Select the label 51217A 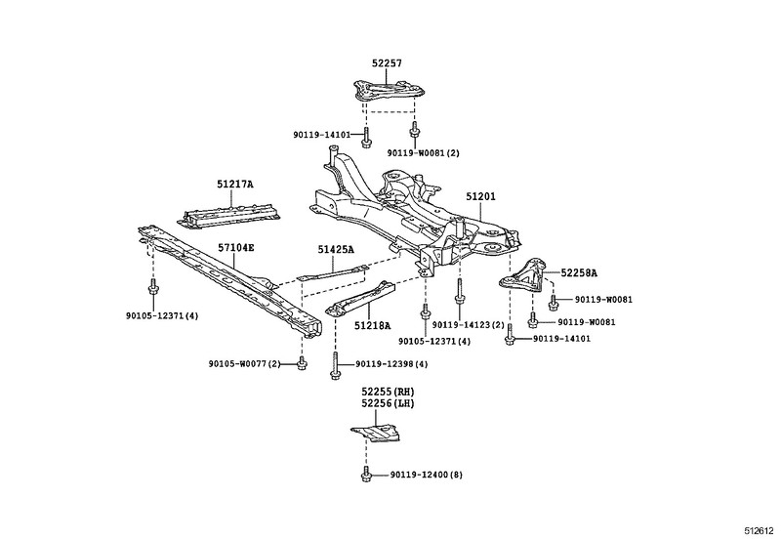pyautogui.click(x=234, y=184)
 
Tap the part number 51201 pyautogui.click(x=480, y=196)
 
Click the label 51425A pyautogui.click(x=333, y=250)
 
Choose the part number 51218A pyautogui.click(x=372, y=326)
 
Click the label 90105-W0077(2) pyautogui.click(x=244, y=364)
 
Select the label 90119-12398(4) pyautogui.click(x=391, y=364)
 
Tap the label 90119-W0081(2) pyautogui.click(x=424, y=152)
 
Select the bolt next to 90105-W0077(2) pyautogui.click(x=301, y=364)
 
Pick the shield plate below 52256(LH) pyautogui.click(x=384, y=431)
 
